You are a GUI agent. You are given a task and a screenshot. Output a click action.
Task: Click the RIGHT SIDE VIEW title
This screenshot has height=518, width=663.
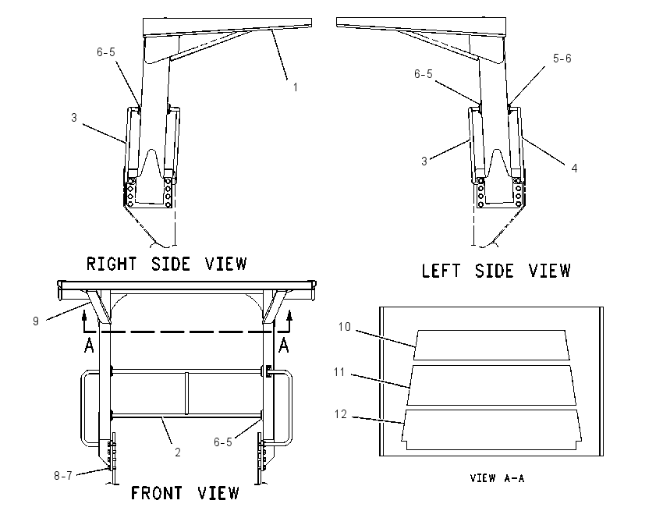pyautogui.click(x=167, y=264)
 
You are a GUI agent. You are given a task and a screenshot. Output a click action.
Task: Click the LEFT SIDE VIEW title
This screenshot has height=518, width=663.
pyautogui.click(x=496, y=271)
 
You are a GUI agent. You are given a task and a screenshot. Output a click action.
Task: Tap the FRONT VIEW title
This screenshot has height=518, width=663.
pyautogui.click(x=185, y=493)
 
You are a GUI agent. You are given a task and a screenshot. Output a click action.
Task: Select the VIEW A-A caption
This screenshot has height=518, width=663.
pyautogui.click(x=498, y=478)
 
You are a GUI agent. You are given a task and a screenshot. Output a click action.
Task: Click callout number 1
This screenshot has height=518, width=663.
pyautogui.click(x=296, y=87)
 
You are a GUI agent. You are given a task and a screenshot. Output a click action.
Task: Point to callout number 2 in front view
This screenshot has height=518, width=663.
pyautogui.click(x=178, y=452)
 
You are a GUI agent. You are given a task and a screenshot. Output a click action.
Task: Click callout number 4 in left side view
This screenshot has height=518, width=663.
pyautogui.click(x=574, y=169)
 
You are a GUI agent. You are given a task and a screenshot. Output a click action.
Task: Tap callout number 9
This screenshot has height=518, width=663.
pyautogui.click(x=36, y=321)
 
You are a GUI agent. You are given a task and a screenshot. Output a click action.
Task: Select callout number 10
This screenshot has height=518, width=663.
pyautogui.click(x=345, y=327)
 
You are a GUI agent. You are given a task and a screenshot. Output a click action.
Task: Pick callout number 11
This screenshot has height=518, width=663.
pyautogui.click(x=339, y=372)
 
